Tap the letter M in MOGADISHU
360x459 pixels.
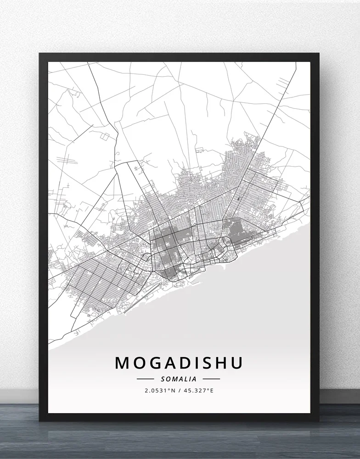pyautogui.click(x=122, y=363)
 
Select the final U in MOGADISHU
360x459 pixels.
pyautogui.click(x=236, y=363)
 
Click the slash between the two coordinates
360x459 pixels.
pyautogui.click(x=179, y=391)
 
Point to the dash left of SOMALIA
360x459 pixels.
pyautogui.click(x=146, y=379)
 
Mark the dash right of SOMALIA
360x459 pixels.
pyautogui.click(x=211, y=379)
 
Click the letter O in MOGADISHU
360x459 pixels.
pyautogui.click(x=137, y=363)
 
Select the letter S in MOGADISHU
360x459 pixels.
pyautogui.click(x=207, y=363)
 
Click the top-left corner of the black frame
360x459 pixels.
pyautogui.click(x=40, y=54)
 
